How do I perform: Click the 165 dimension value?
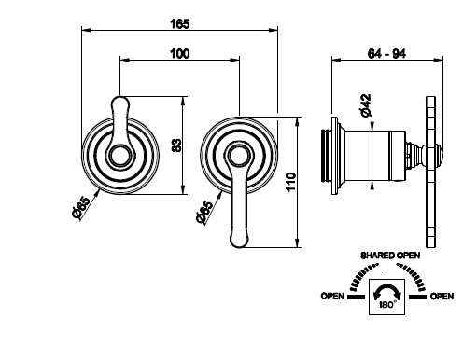[x=179, y=24]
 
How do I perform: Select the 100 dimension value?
[x=179, y=54]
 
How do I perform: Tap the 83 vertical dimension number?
[x=176, y=145]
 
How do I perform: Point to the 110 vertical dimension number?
[x=290, y=182]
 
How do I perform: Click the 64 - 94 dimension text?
[x=386, y=54]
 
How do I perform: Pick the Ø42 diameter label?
[x=366, y=105]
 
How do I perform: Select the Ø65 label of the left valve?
[x=81, y=208]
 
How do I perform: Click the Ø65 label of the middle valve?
[x=205, y=212]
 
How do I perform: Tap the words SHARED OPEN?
[x=390, y=256]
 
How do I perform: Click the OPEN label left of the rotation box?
[x=332, y=297]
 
